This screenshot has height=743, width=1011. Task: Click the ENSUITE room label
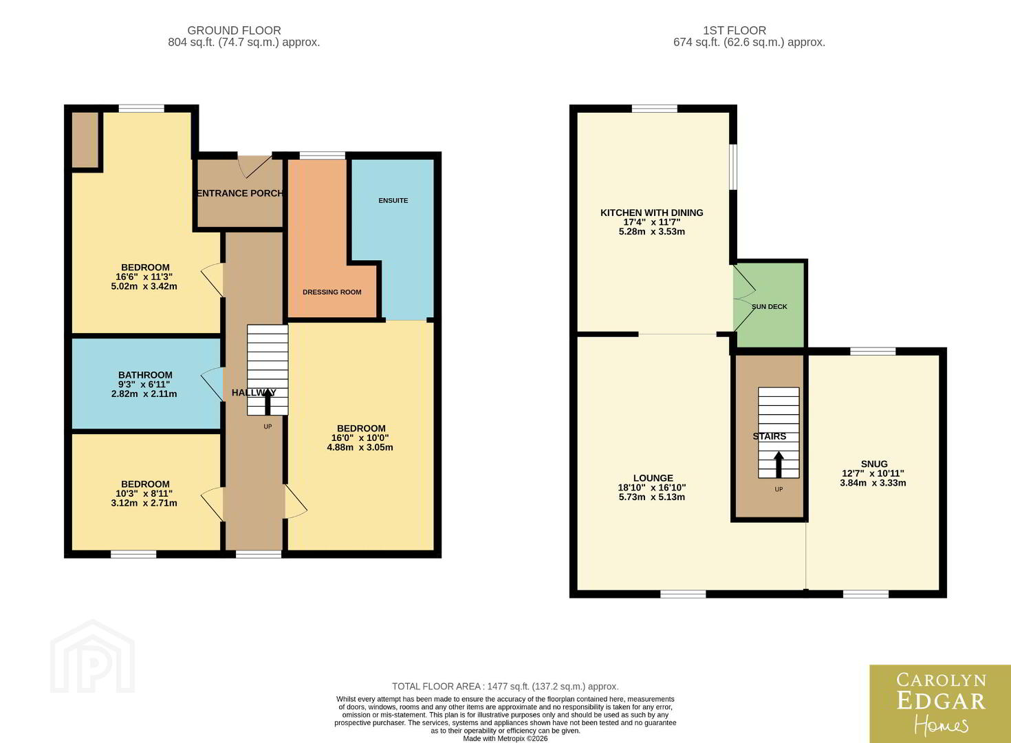tap(393, 200)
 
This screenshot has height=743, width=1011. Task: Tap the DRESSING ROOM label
tap(331, 292)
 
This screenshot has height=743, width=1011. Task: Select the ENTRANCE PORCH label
tap(240, 193)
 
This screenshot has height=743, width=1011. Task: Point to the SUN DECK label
tap(769, 307)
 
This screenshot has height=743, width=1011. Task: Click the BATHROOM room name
tap(145, 375)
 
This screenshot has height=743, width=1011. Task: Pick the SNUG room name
tap(874, 464)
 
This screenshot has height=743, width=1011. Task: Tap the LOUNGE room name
tap(653, 477)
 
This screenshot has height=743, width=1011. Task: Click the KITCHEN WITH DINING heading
tap(652, 213)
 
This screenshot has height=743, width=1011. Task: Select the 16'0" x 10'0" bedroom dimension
tap(360, 438)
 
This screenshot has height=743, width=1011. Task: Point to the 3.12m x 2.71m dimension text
tap(144, 503)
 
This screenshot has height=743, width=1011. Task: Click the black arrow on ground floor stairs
tap(268, 401)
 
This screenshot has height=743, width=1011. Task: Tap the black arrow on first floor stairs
tap(779, 464)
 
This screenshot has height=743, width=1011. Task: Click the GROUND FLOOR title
tap(235, 30)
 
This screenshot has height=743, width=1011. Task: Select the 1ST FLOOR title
tap(735, 30)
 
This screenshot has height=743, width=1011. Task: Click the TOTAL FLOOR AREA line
tap(505, 687)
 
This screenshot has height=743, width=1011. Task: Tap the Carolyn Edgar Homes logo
tap(940, 704)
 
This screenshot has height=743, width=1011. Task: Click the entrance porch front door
tap(254, 166)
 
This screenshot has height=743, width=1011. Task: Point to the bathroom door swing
tap(212, 384)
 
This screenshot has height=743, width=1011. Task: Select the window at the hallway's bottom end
tap(259, 554)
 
